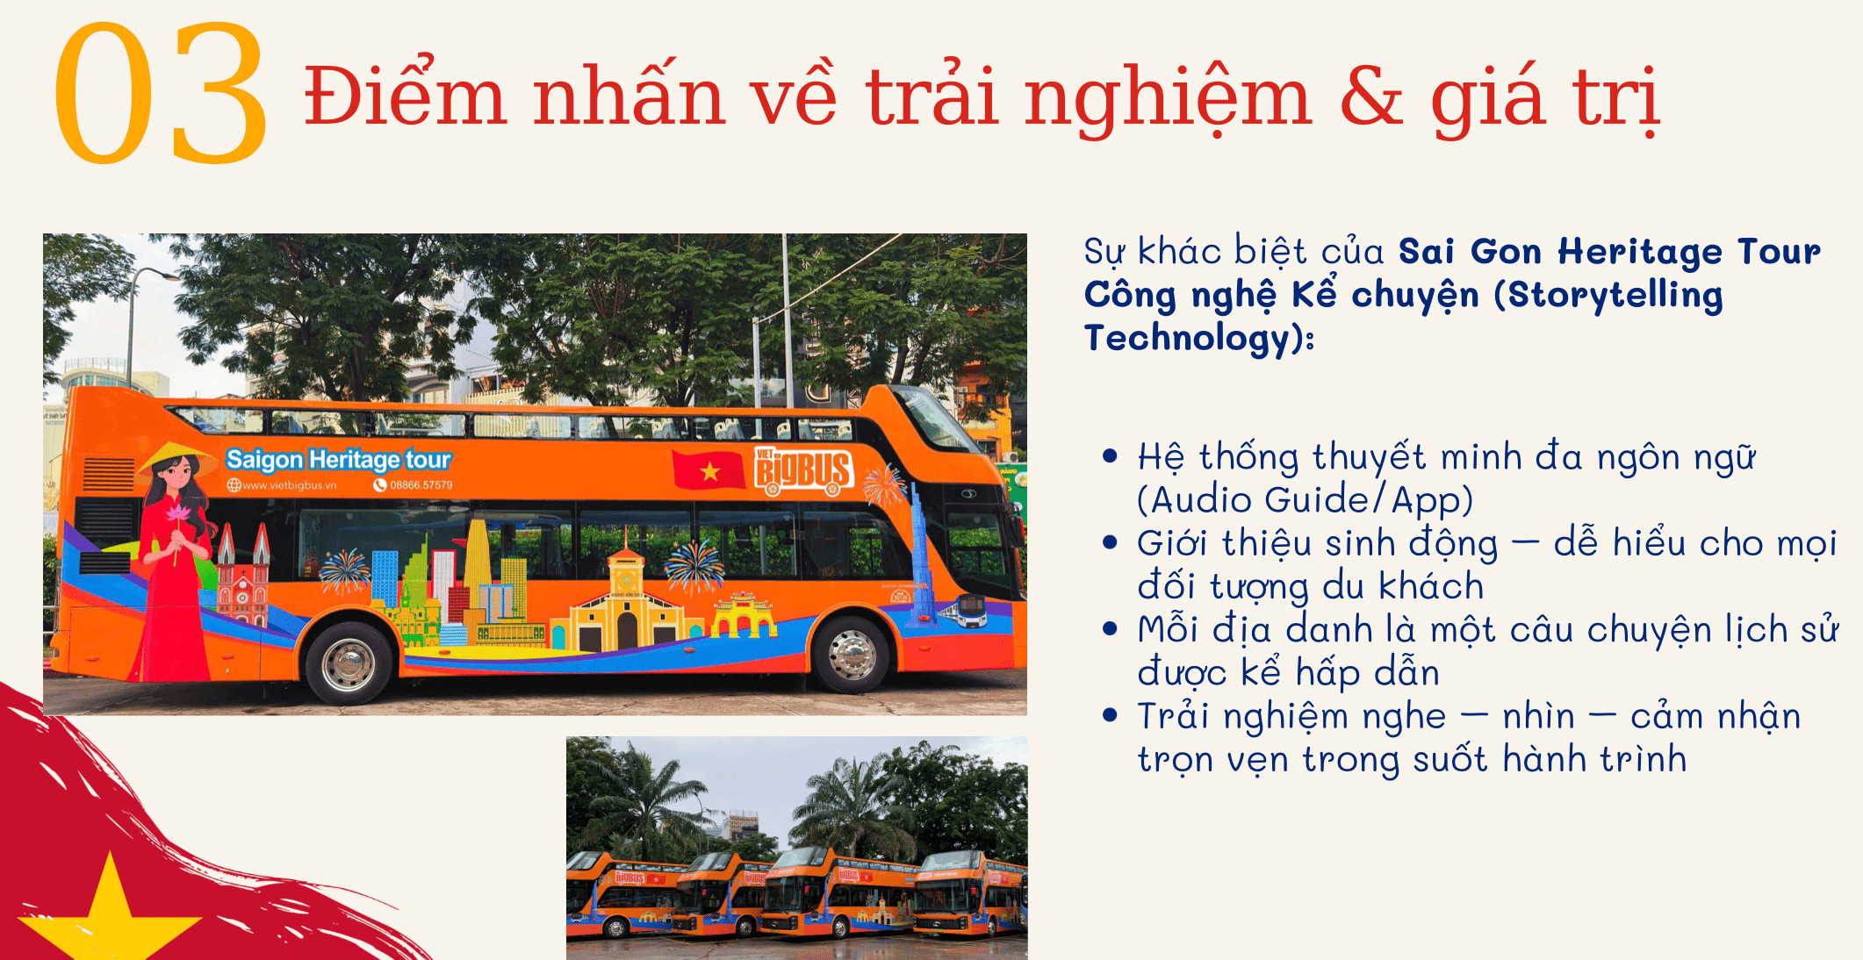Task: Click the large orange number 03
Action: click(x=160, y=93)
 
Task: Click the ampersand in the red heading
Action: click(x=1371, y=97)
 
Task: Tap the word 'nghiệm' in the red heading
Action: click(x=1168, y=99)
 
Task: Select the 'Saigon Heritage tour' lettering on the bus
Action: click(x=338, y=459)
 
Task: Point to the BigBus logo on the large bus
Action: click(x=802, y=471)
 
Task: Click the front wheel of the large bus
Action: click(x=850, y=654)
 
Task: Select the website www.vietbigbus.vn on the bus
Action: click(x=282, y=485)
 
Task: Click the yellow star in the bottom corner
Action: click(x=110, y=913)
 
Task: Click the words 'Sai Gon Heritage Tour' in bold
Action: click(x=1609, y=252)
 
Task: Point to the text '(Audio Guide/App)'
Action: click(x=1305, y=500)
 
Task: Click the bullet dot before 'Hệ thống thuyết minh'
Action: click(x=1111, y=456)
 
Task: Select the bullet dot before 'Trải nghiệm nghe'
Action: click(x=1111, y=715)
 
